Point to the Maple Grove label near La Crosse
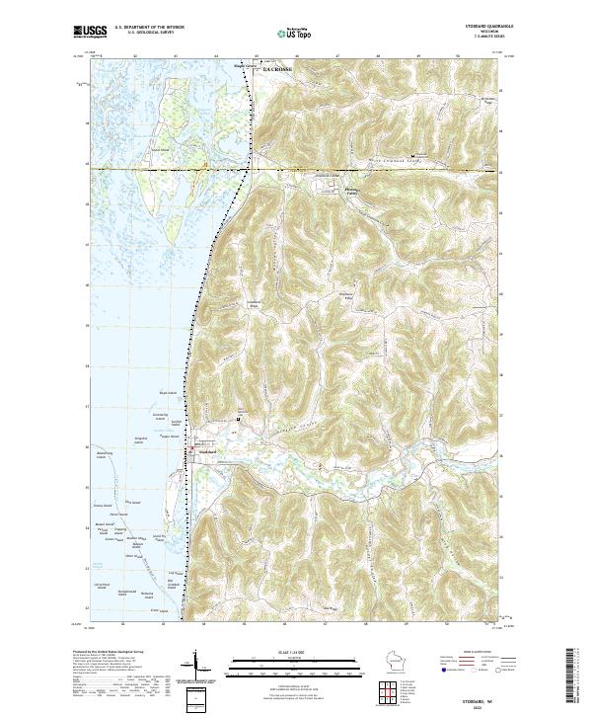coord(244,67)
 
